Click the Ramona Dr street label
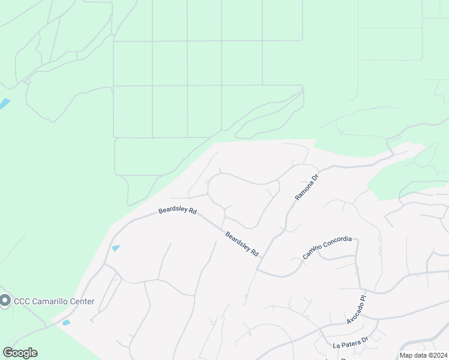[x=306, y=187]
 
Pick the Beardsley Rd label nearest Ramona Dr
[x=242, y=244]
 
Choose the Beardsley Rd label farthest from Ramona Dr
[x=178, y=211]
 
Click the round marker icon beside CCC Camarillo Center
[x=5, y=300]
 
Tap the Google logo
[x=20, y=353]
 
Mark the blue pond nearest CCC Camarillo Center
[x=66, y=323]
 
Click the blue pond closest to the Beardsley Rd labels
[x=115, y=248]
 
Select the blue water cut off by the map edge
[x=4, y=104]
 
